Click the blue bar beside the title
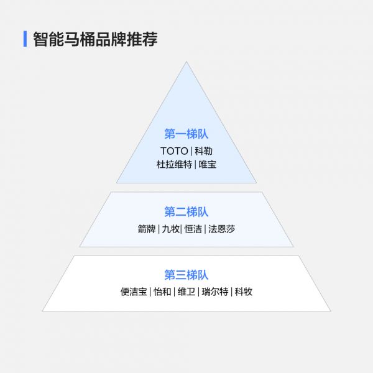tap(25, 39)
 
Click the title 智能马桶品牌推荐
tap(95, 39)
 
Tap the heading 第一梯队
tap(186, 134)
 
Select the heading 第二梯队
tap(186, 212)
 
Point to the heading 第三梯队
tap(186, 275)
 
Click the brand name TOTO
tap(174, 151)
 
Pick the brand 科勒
tap(203, 151)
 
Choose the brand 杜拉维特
tap(174, 164)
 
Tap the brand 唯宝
tap(208, 164)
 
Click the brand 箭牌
tap(147, 229)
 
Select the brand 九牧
tap(170, 229)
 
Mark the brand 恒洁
tap(193, 229)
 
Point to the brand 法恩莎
tap(221, 229)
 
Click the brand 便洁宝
tap(134, 292)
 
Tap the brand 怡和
tap(162, 292)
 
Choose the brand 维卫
tap(186, 292)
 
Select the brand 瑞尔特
tap(215, 292)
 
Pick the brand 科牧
tap(243, 292)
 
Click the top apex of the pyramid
tap(186, 62)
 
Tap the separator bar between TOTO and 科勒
tap(191, 151)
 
